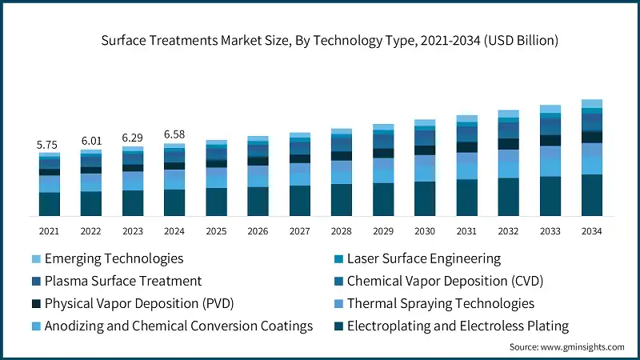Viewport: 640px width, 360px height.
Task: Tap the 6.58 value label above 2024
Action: point(174,134)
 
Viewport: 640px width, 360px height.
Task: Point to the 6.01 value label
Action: point(91,141)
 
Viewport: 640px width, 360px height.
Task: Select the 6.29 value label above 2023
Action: point(133,137)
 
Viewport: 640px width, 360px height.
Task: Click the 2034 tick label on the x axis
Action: point(591,230)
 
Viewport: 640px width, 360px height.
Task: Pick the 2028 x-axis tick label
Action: point(342,230)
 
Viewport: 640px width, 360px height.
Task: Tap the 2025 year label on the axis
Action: point(216,230)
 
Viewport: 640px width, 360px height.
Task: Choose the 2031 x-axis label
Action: point(466,230)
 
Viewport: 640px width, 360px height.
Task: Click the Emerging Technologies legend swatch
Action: point(36,259)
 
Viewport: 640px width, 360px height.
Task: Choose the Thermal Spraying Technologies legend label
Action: point(441,303)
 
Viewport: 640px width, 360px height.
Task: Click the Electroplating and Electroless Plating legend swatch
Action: point(339,326)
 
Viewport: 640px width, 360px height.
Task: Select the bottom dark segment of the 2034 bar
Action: point(591,195)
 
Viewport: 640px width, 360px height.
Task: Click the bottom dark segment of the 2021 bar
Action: point(50,204)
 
